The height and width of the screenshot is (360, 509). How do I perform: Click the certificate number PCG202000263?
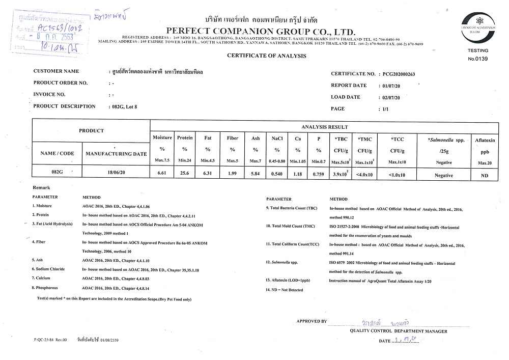click(399, 74)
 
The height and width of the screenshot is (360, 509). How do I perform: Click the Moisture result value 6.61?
click(162, 174)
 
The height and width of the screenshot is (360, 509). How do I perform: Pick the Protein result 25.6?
click(185, 174)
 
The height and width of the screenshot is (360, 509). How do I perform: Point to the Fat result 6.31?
click(208, 174)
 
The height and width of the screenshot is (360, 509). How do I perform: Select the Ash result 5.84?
click(255, 174)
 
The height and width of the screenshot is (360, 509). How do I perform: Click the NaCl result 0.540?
click(277, 174)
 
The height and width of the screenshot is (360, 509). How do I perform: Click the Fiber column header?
click(232, 138)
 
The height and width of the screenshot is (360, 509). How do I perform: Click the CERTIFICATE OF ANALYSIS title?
click(267, 55)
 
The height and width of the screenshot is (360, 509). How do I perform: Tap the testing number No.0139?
click(477, 59)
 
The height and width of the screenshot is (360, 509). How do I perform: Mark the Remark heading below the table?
click(42, 188)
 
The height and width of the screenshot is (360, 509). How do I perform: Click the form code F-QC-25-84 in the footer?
click(47, 338)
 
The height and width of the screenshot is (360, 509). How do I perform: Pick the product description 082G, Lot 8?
click(125, 107)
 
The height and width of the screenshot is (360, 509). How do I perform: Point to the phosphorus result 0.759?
click(319, 174)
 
